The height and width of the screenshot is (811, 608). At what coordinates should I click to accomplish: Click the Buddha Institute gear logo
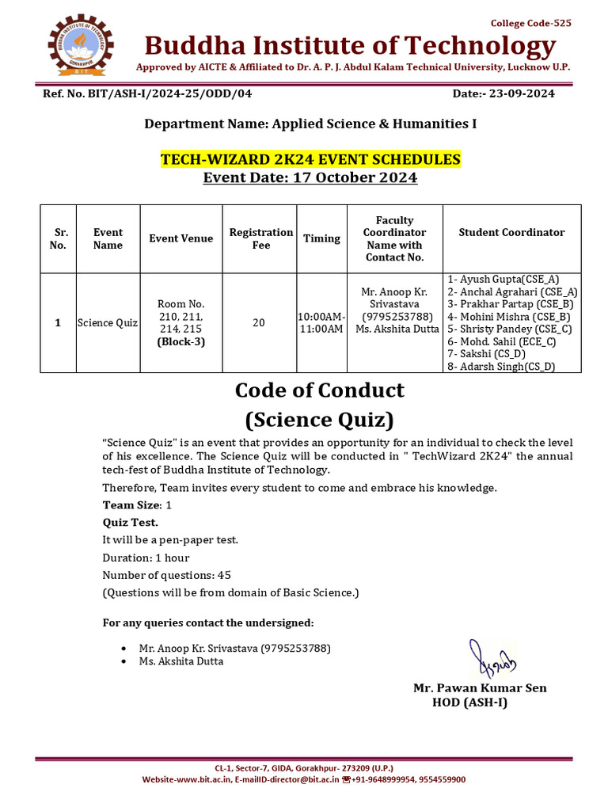tap(81, 45)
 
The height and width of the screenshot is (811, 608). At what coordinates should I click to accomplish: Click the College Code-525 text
tap(530, 23)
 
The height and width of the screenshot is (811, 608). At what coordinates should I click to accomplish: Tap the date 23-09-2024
tap(503, 93)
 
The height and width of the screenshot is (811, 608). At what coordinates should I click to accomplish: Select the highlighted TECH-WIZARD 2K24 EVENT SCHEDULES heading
tap(310, 160)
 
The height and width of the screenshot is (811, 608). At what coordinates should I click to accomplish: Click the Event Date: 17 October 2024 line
tap(310, 177)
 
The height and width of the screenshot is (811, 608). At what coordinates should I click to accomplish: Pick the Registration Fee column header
tap(260, 238)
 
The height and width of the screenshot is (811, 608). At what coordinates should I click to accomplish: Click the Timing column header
tap(321, 238)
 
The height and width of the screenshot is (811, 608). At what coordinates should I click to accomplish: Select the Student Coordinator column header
tap(511, 232)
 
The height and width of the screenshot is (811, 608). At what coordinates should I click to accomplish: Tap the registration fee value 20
tap(259, 323)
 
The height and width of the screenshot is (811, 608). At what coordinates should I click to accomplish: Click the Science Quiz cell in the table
tap(108, 323)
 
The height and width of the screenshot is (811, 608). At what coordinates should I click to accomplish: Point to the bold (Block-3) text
tap(180, 342)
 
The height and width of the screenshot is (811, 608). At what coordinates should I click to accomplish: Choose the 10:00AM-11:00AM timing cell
tap(321, 323)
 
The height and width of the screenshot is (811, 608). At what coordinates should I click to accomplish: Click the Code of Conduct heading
tap(319, 390)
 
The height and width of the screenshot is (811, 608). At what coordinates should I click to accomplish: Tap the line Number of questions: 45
tap(167, 575)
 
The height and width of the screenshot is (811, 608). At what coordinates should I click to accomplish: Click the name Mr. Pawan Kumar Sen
tap(480, 687)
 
